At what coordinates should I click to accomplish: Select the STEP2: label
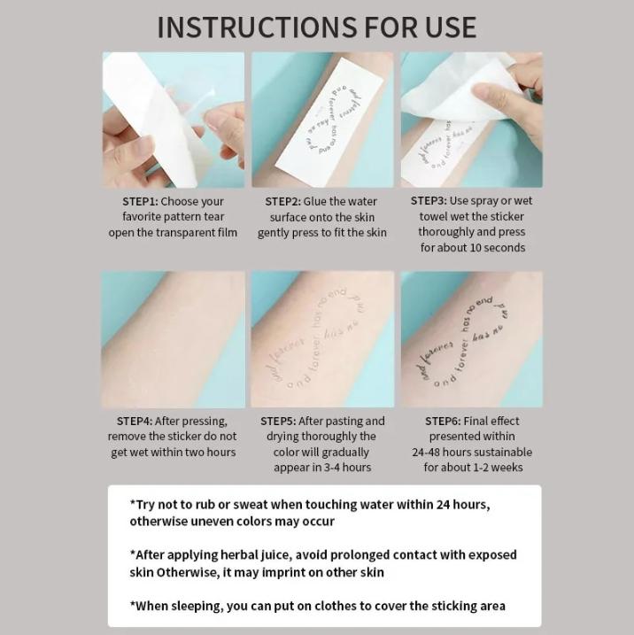(282, 202)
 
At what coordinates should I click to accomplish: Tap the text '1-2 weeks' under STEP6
(497, 468)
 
